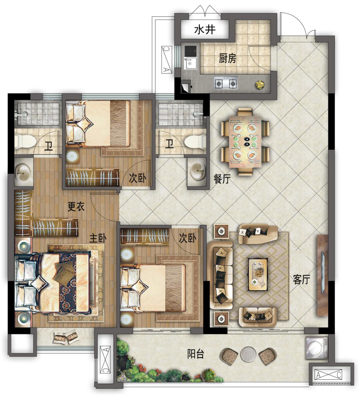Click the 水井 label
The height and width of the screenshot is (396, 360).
(205, 30)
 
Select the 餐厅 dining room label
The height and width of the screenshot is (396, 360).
(222, 179)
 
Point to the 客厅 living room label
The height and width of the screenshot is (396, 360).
(301, 279)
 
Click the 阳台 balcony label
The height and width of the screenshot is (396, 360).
(196, 354)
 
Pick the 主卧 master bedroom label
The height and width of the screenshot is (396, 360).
(98, 238)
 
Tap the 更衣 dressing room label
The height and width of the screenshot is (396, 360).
(76, 207)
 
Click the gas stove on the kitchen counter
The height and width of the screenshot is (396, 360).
(226, 83)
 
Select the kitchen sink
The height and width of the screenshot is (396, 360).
(190, 63)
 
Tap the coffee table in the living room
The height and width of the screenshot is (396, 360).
(258, 274)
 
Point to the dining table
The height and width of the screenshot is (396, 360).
(245, 142)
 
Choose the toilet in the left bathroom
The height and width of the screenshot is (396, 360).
(24, 141)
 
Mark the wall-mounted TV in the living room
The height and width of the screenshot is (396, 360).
(323, 273)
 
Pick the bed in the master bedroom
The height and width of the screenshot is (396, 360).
(53, 283)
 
